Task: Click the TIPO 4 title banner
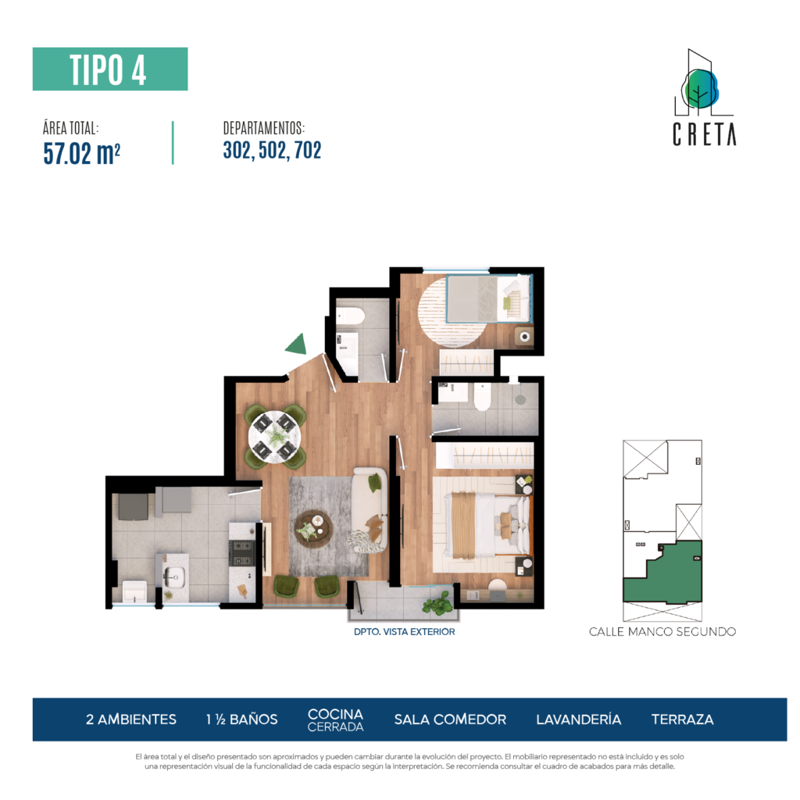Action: coord(110,69)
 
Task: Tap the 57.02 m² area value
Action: coord(81,153)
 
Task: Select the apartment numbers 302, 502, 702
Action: coord(272,150)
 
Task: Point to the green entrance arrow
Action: coord(296,345)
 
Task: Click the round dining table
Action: coord(274,437)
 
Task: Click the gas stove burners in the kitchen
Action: coord(242,553)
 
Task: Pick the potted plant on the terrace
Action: coord(437,604)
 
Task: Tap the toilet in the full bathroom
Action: coord(482,397)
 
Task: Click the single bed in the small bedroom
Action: coord(489,298)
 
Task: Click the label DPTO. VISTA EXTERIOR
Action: coord(404,631)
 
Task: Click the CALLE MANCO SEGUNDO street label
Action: coord(662,631)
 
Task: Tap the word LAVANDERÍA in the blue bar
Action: coord(579,720)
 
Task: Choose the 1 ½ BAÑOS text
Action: coord(242,720)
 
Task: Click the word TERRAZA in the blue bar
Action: coord(682,720)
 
